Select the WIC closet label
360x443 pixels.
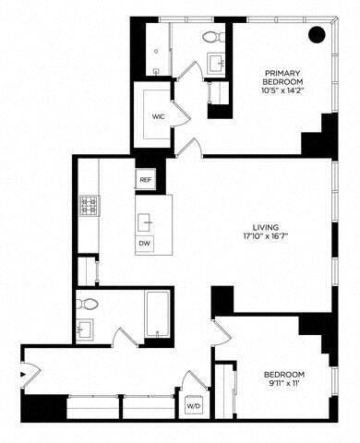point(157,117)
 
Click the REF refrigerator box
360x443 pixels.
point(145,179)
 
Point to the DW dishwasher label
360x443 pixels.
point(144,243)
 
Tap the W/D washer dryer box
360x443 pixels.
point(194,404)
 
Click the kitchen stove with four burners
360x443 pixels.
point(90,204)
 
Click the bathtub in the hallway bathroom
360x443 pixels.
point(160,316)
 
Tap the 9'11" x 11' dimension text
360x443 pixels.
point(272,388)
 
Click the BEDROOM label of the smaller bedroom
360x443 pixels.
point(272,376)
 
